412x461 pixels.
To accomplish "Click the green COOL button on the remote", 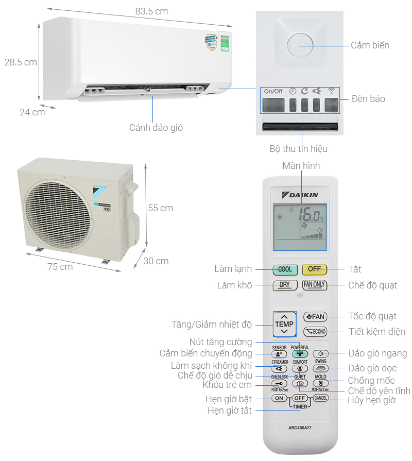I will click(285, 269).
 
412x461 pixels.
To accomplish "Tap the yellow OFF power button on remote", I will click(314, 269).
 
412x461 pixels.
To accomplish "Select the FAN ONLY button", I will click(314, 284).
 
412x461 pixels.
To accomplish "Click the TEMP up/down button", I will click(284, 324).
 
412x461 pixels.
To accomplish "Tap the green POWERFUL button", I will click(300, 354).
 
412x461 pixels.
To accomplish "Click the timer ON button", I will click(279, 398).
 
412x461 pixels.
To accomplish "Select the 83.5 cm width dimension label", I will click(151, 11).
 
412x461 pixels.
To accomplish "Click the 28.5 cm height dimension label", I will click(21, 62).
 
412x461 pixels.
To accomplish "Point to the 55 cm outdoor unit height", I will click(161, 208).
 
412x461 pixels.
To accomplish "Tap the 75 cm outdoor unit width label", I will click(60, 267).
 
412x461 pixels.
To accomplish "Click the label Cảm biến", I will click(370, 45).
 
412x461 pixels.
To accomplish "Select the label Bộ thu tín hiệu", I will click(298, 149).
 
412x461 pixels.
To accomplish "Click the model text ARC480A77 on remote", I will click(300, 427).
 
